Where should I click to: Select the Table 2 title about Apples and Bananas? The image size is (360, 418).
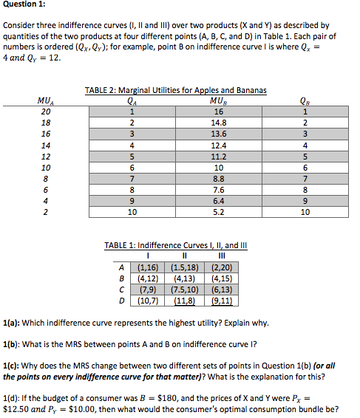(175, 90)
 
